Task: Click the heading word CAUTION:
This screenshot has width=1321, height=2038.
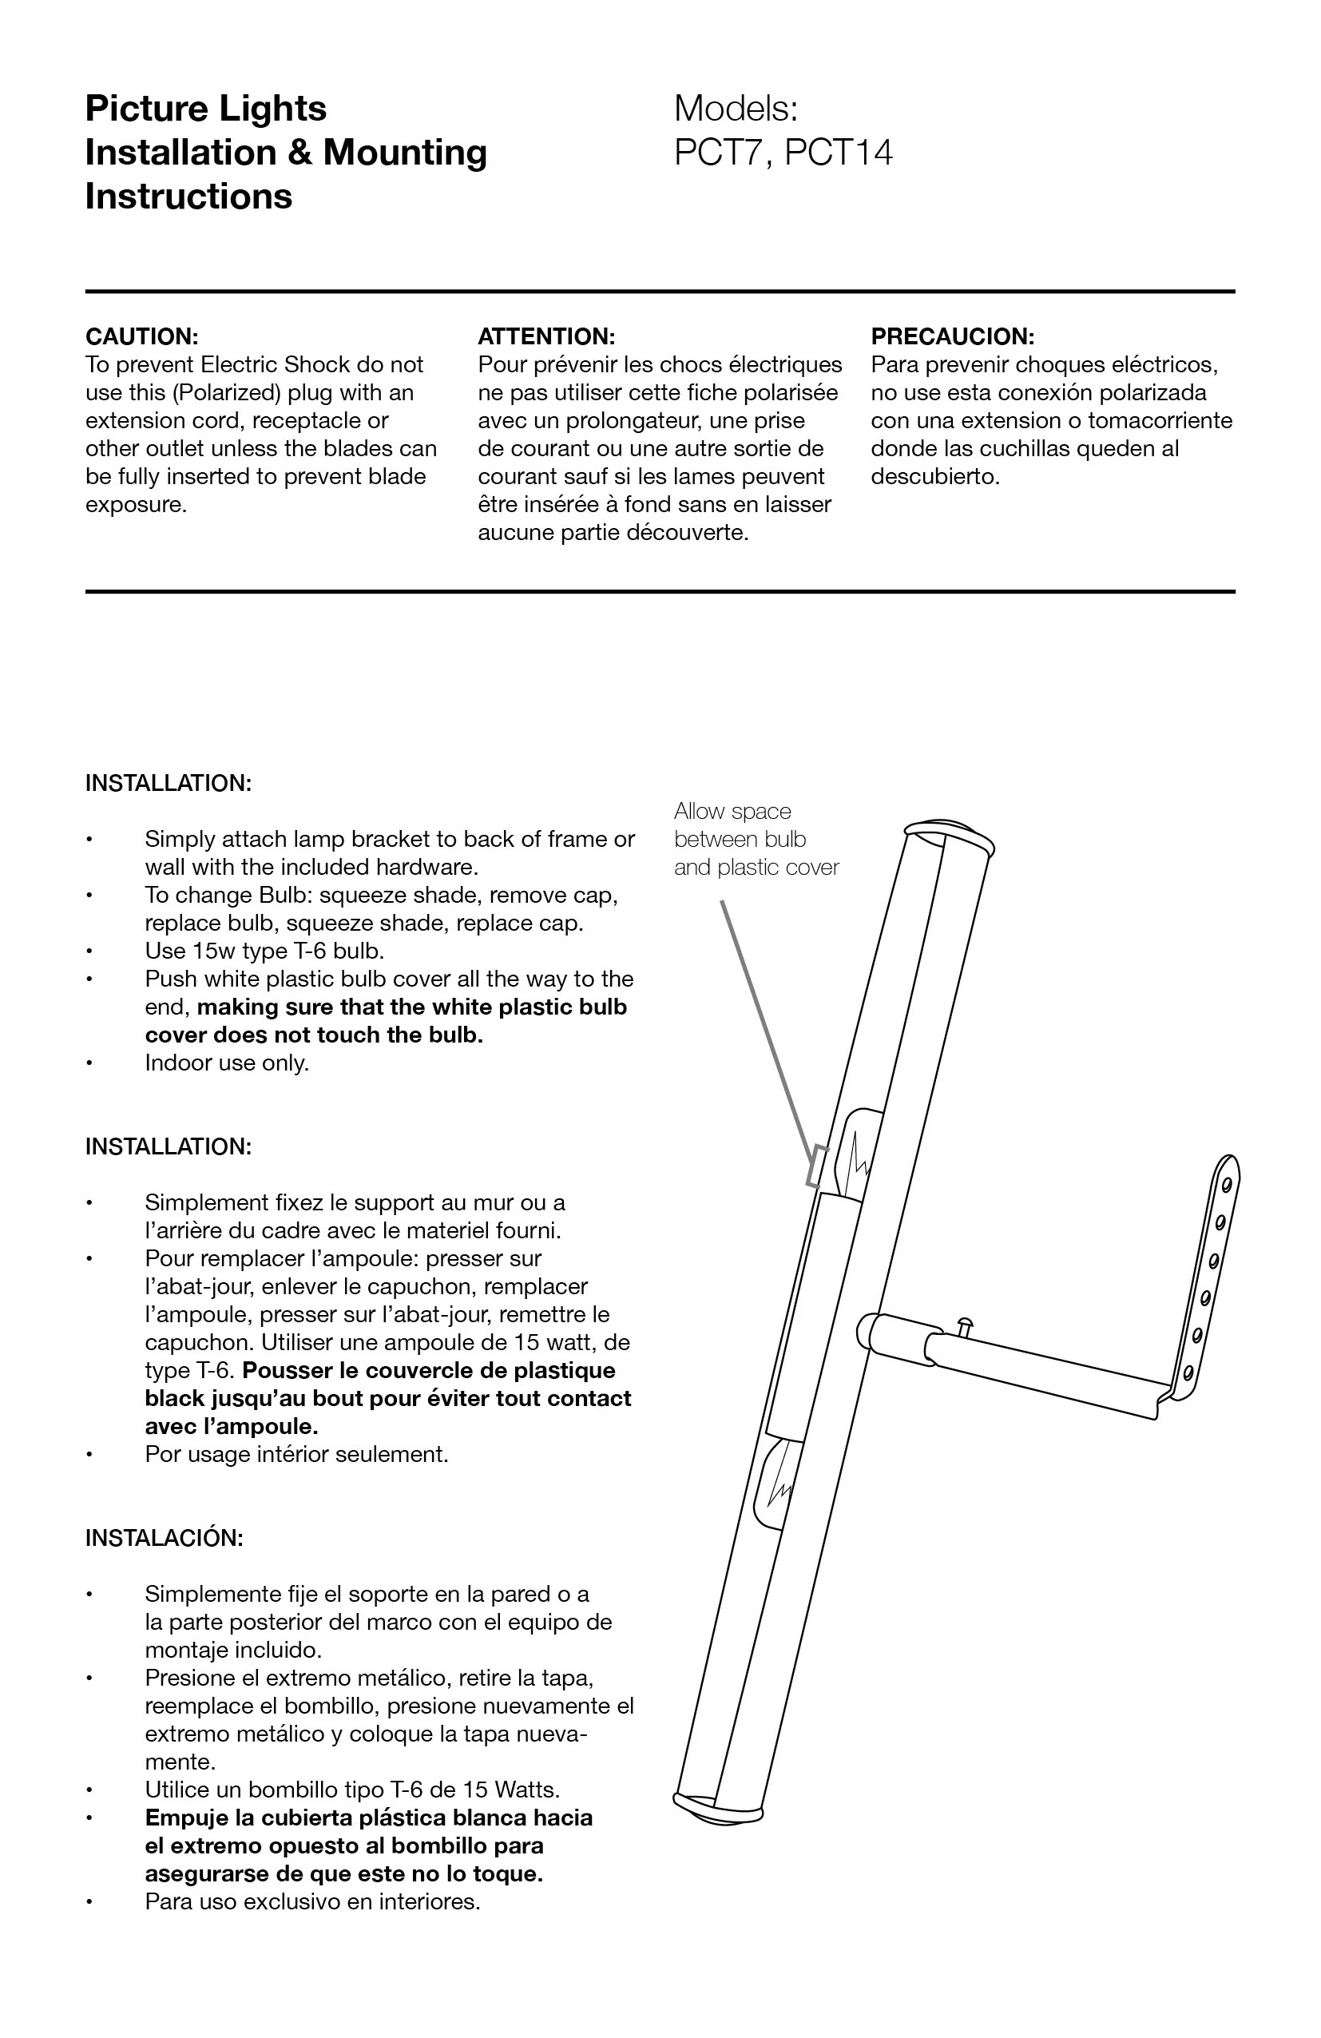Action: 141,336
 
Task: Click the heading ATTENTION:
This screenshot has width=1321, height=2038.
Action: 546,336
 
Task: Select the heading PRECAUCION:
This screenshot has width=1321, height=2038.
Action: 952,336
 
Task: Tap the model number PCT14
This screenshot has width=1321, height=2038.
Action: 838,153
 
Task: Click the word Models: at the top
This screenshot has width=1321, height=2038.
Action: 736,109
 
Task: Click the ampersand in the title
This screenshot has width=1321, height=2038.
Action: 299,153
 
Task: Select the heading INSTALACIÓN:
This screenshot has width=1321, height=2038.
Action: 165,1538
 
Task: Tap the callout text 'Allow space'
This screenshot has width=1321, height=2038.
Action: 732,811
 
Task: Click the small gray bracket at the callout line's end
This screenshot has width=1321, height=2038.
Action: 817,1166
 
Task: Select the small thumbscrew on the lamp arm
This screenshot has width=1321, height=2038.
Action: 965,1325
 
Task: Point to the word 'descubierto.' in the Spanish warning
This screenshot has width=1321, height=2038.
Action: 935,477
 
